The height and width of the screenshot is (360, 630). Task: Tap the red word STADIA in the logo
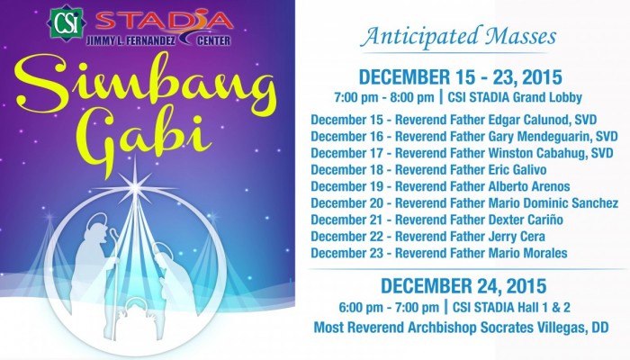(x=165, y=21)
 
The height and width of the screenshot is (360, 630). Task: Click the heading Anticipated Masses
(x=458, y=37)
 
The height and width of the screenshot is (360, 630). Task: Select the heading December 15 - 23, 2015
(x=460, y=77)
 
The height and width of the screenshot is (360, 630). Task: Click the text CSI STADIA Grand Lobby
(x=515, y=97)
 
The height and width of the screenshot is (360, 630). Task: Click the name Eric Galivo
(x=517, y=170)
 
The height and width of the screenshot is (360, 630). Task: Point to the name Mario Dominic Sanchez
(x=553, y=202)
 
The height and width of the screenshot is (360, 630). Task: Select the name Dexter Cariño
(x=526, y=220)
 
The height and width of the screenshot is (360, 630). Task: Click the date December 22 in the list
(x=346, y=237)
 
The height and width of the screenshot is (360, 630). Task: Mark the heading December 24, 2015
(x=463, y=286)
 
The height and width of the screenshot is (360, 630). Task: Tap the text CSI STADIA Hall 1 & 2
(x=511, y=308)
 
